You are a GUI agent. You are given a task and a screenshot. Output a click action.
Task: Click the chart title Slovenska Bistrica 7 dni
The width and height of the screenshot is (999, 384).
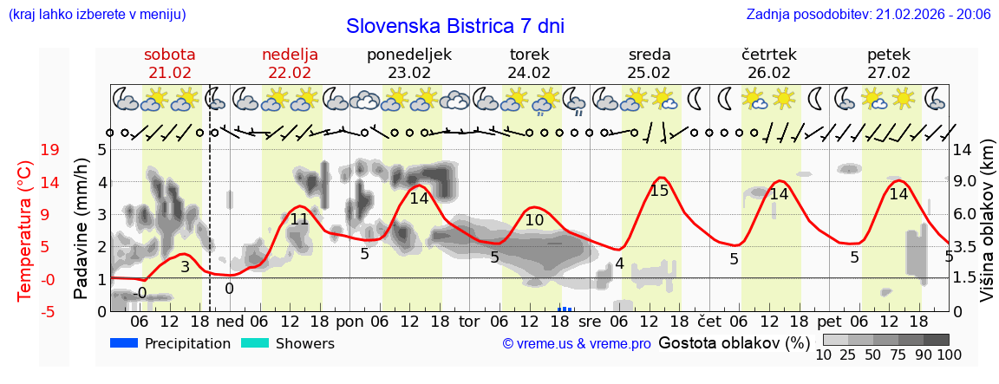click(454, 26)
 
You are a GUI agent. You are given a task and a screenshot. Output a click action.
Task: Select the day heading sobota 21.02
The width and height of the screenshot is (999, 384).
click(169, 63)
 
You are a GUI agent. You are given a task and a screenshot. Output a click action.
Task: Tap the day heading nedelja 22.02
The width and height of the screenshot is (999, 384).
click(290, 63)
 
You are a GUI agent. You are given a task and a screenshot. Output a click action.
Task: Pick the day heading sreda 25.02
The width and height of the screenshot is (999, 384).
click(650, 63)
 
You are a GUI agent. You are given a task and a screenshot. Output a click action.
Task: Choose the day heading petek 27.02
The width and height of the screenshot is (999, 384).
click(889, 63)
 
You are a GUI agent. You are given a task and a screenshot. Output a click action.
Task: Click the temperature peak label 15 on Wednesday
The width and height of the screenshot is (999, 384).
click(659, 190)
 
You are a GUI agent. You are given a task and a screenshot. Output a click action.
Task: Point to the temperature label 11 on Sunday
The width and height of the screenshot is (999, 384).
click(299, 219)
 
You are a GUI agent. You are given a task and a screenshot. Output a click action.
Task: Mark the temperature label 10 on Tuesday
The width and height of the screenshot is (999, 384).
click(535, 220)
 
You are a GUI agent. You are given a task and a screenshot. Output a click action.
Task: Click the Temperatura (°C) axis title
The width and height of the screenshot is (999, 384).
click(25, 230)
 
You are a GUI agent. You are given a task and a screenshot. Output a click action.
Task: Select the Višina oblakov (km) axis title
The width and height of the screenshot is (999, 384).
click(987, 230)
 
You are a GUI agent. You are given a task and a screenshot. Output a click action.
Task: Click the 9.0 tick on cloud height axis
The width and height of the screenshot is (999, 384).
click(966, 182)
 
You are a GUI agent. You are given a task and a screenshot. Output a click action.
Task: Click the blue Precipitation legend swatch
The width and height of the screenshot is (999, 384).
click(125, 343)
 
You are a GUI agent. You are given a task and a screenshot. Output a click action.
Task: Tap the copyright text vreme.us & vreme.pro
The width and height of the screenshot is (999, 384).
click(577, 344)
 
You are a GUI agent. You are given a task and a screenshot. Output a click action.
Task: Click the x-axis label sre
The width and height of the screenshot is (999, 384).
click(590, 321)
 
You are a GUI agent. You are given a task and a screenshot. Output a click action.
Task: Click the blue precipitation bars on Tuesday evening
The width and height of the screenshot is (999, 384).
click(565, 308)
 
